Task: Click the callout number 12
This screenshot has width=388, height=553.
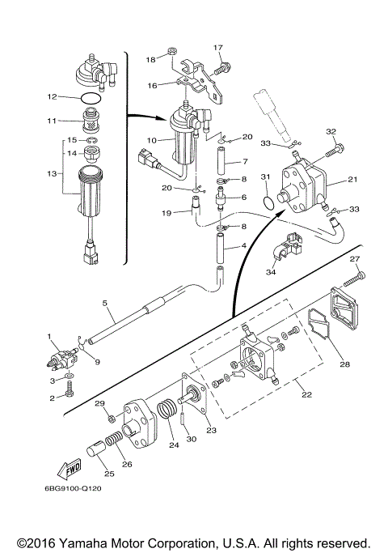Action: point(52,96)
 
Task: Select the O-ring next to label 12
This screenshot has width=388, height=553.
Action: point(92,96)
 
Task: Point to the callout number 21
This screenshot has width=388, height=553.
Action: point(352,179)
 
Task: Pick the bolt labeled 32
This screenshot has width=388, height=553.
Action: point(333,149)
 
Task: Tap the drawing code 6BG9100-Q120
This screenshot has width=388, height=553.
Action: point(73,488)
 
